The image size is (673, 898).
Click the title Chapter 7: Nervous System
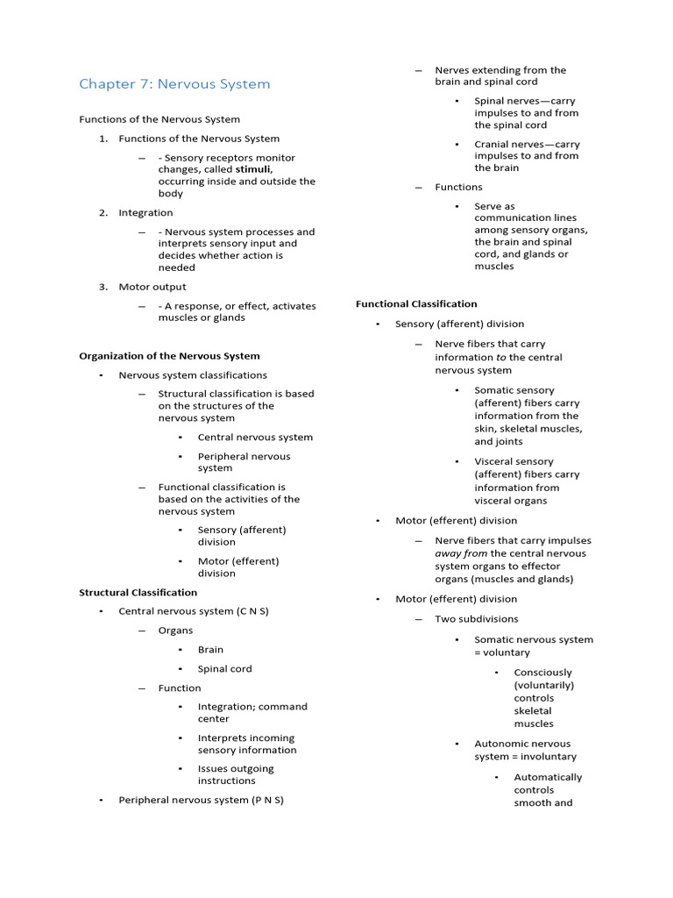[x=174, y=84]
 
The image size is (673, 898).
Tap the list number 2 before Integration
[x=103, y=212]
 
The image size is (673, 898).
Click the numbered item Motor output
[x=152, y=287]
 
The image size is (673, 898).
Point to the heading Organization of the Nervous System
[x=169, y=356]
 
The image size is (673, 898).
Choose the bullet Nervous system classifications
[x=193, y=375]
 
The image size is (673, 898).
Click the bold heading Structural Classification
[x=138, y=592]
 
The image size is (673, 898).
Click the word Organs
[x=175, y=631]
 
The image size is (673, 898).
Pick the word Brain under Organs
[x=210, y=650]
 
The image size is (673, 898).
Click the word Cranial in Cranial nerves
[x=493, y=145]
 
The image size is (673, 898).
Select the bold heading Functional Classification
[x=416, y=303]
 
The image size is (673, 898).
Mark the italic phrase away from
[x=461, y=553]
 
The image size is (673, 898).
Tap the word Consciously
[x=542, y=673]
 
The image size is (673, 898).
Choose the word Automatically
[x=548, y=777]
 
